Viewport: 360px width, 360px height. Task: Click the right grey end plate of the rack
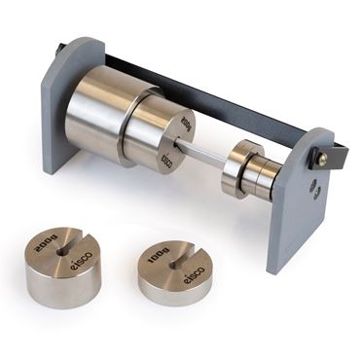point(297,195)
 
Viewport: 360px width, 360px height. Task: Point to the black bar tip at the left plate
point(61,48)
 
